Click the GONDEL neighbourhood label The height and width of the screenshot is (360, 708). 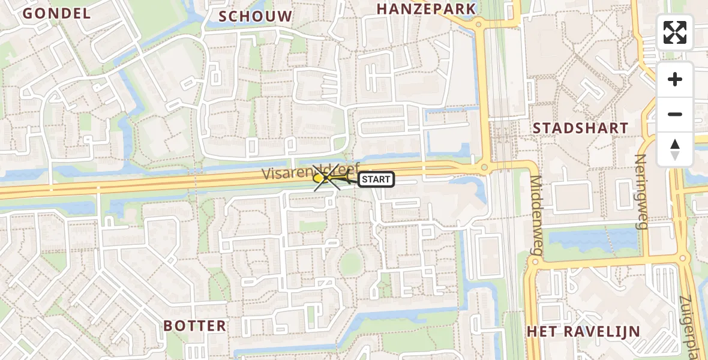point(56,13)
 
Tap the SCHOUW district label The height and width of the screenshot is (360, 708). point(256,16)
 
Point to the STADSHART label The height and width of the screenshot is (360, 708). point(580,128)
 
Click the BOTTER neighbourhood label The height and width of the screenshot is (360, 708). point(195,326)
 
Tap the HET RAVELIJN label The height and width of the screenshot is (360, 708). point(583,331)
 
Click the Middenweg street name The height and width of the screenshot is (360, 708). point(535,214)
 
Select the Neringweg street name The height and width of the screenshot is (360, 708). point(640,191)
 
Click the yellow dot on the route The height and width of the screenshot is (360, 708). point(318,178)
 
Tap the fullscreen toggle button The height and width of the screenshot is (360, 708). point(675,32)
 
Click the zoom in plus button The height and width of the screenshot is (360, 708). point(675,79)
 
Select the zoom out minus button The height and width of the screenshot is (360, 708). point(675,114)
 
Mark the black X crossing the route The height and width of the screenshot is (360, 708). point(328,178)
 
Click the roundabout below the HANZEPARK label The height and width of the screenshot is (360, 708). point(478,25)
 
